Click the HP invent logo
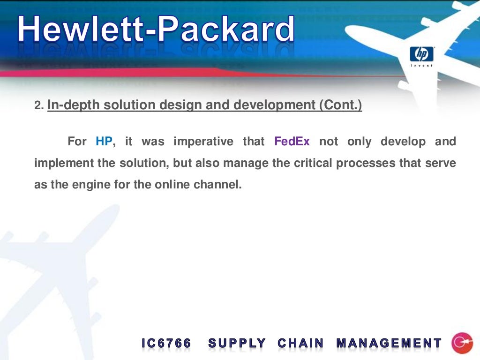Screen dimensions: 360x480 point(422,55)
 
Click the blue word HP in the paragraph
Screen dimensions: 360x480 point(104,141)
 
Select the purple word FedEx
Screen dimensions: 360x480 point(292,141)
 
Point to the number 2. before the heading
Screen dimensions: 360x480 point(39,106)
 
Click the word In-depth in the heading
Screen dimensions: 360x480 point(73,105)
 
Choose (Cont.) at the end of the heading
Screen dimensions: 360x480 point(341,105)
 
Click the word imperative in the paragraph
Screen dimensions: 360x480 point(203,141)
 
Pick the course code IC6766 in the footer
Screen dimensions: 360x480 point(166,344)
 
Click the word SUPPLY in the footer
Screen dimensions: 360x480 point(237,344)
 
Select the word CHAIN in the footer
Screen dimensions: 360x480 point(300,344)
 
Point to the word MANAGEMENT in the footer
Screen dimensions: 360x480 point(389,344)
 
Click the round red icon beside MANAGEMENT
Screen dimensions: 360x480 point(462,343)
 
